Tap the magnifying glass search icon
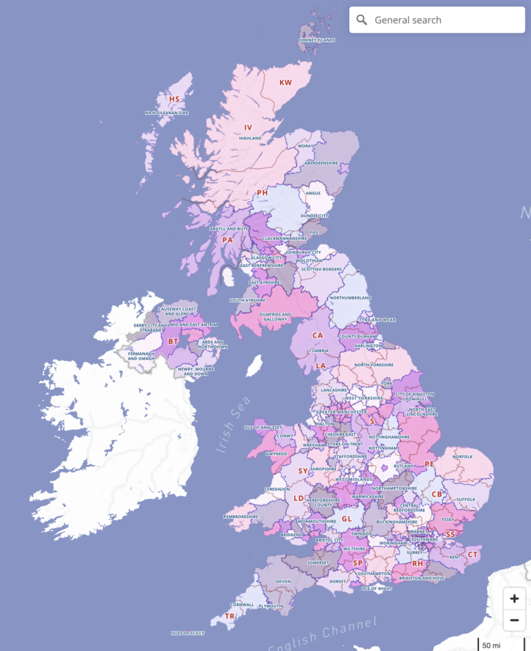(x=362, y=20)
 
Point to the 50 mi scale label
(x=492, y=645)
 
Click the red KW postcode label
(x=286, y=83)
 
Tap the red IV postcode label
(x=248, y=127)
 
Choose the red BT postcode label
(x=174, y=341)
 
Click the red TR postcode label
(x=230, y=616)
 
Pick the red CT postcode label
(x=473, y=554)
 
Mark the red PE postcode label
(x=429, y=464)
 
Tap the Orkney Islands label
(x=317, y=40)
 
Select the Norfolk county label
(x=463, y=457)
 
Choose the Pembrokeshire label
(x=241, y=516)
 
